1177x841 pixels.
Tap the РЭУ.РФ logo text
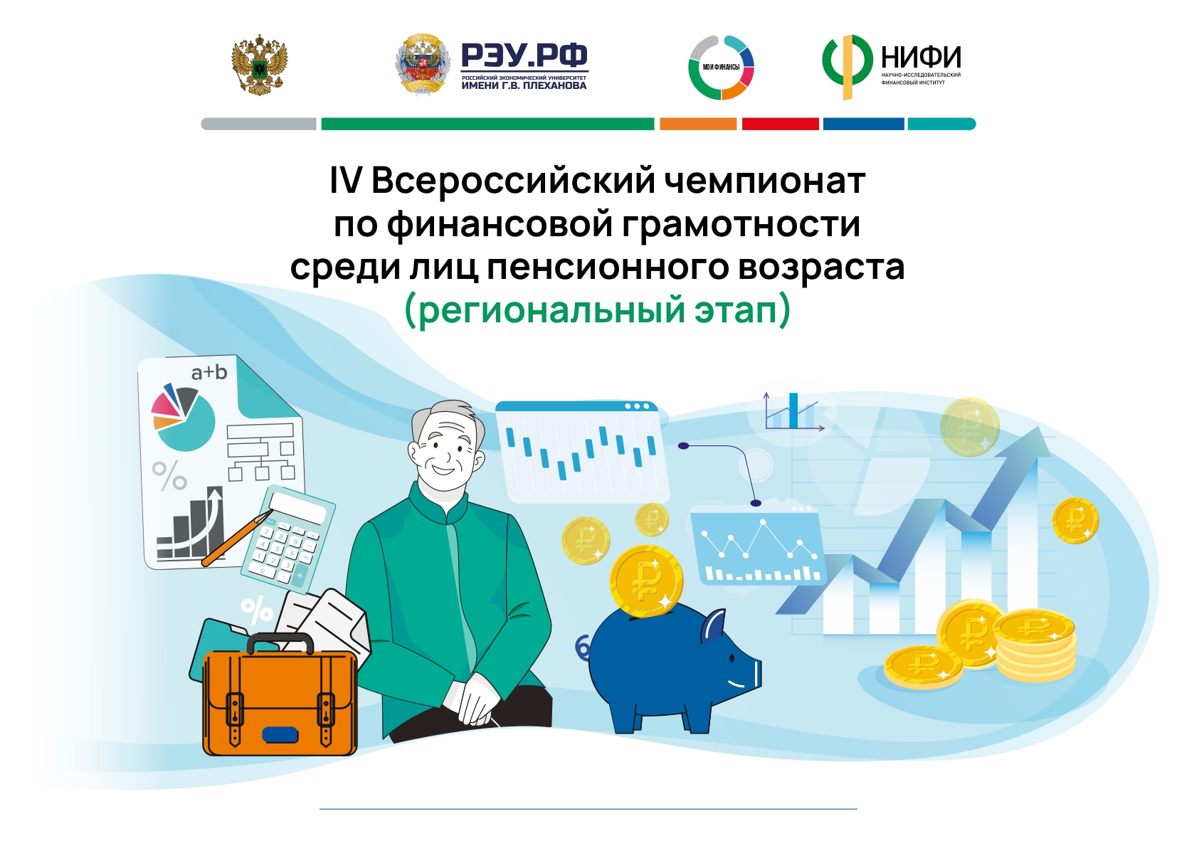[524, 55]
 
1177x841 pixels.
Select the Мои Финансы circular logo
[722, 68]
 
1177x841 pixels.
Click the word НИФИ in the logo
[921, 57]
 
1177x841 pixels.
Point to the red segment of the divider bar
[781, 124]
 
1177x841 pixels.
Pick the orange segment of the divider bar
[698, 124]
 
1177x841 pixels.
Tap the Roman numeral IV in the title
[345, 181]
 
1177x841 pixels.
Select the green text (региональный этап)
[598, 310]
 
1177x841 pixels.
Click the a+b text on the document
[209, 372]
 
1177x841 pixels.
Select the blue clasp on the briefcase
[280, 735]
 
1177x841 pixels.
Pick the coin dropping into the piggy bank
[646, 581]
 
